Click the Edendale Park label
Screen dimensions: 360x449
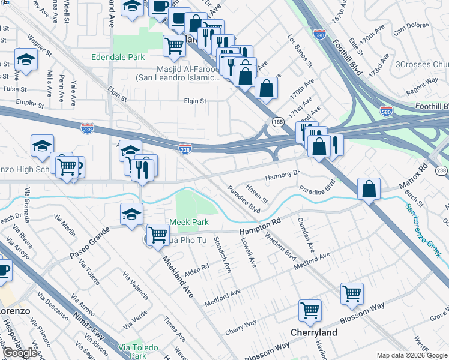pyautogui.click(x=118, y=58)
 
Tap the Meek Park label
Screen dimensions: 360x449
pyautogui.click(x=188, y=222)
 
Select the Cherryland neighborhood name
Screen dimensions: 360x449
pyautogui.click(x=313, y=332)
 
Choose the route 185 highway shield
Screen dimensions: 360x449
pyautogui.click(x=279, y=122)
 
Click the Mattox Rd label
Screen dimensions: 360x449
pyautogui.click(x=415, y=175)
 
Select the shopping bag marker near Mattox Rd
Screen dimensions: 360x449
pyautogui.click(x=368, y=188)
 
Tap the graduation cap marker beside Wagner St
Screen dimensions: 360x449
pyautogui.click(x=26, y=60)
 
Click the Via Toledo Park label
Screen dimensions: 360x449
pyautogui.click(x=138, y=352)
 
